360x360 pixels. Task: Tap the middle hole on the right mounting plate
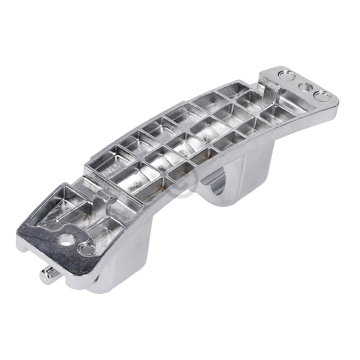[x=306, y=86]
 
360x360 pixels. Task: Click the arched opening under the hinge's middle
[x=218, y=184]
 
